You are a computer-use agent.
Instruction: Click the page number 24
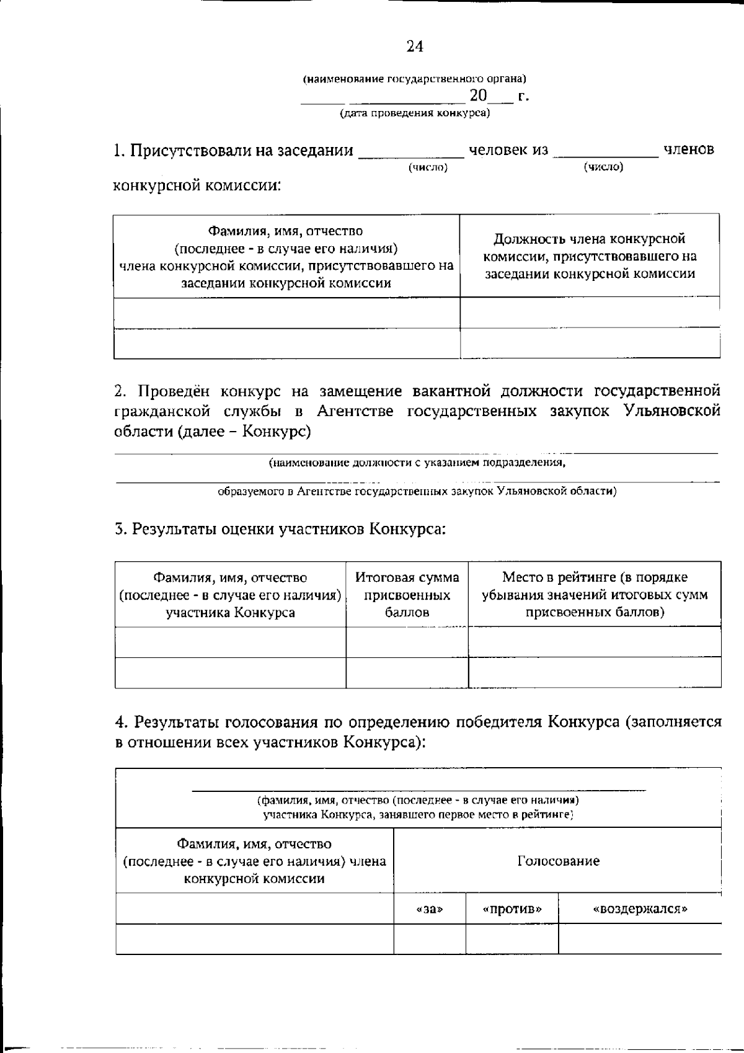click(x=415, y=47)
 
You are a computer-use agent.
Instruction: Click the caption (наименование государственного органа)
click(x=414, y=79)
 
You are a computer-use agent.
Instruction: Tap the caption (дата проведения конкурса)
click(x=414, y=113)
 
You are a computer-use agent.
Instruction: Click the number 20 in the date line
click(x=479, y=96)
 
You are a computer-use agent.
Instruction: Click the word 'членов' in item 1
click(x=688, y=149)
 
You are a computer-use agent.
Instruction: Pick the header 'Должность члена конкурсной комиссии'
click(x=590, y=256)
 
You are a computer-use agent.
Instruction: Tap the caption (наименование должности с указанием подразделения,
click(x=417, y=462)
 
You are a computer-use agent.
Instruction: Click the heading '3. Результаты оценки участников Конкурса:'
click(x=280, y=529)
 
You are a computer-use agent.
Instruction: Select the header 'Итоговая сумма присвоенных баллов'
click(x=407, y=595)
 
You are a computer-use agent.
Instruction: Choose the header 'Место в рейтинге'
click(x=595, y=595)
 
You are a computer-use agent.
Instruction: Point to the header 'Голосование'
click(x=558, y=861)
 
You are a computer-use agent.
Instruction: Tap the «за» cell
click(x=430, y=909)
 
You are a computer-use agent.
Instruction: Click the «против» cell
click(x=512, y=909)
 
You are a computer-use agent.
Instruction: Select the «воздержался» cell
click(x=640, y=909)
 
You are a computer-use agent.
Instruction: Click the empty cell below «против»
click(x=512, y=939)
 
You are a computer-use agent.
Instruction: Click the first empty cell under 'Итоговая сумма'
click(x=407, y=642)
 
